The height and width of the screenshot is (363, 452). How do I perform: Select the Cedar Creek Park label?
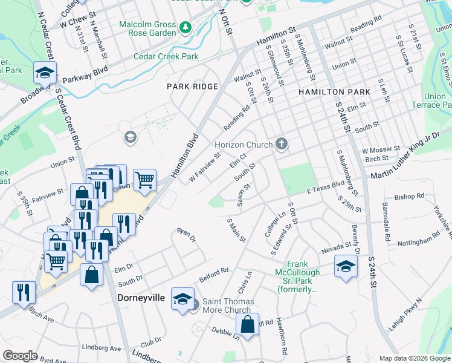coord(166,56)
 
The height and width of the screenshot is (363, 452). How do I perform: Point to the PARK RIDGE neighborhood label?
coord(192,87)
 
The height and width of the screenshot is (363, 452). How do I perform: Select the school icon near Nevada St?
coord(346,266)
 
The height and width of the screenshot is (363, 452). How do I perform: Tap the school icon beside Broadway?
coord(45,73)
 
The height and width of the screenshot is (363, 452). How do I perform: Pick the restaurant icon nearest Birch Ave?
coord(24,292)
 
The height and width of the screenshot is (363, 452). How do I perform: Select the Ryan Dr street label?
coord(186,234)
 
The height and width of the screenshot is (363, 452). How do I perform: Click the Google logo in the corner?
coord(20,356)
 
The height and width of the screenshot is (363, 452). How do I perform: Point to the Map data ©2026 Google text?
coord(414,358)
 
